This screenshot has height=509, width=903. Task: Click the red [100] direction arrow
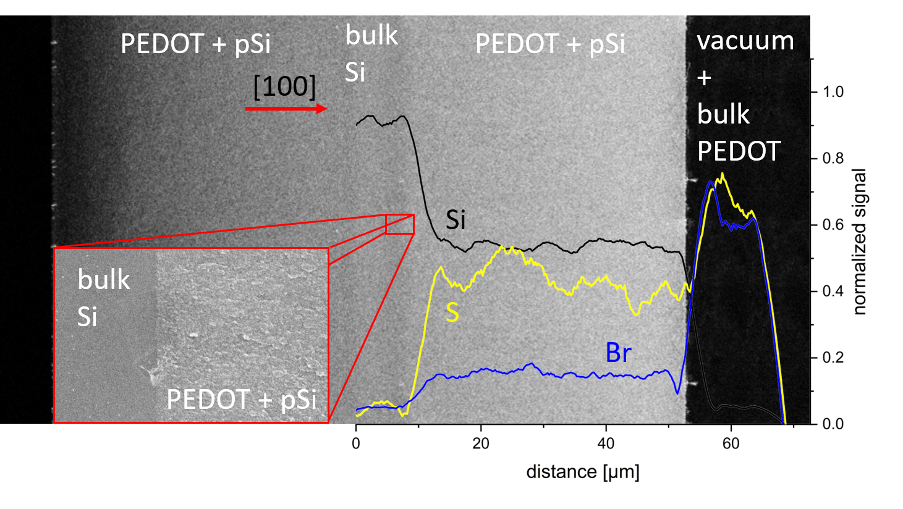pyautogui.click(x=286, y=109)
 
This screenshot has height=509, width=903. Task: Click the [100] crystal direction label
pyautogui.click(x=284, y=86)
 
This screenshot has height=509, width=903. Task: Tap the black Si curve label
pyautogui.click(x=456, y=220)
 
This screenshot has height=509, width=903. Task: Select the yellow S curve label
pyautogui.click(x=452, y=313)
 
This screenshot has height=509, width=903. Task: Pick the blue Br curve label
pyautogui.click(x=618, y=353)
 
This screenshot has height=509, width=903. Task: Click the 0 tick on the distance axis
pyautogui.click(x=356, y=443)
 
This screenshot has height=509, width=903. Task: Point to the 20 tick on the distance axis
pyautogui.click(x=481, y=443)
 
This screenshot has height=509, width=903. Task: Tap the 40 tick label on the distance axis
pyautogui.click(x=606, y=443)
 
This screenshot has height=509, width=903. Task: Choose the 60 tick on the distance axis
pyautogui.click(x=731, y=443)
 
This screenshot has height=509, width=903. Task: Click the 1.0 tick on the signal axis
pyautogui.click(x=833, y=92)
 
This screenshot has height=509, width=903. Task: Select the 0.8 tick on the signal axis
pyautogui.click(x=833, y=159)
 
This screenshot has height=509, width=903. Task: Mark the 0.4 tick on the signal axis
pyautogui.click(x=833, y=291)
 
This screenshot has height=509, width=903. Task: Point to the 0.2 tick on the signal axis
pyautogui.click(x=833, y=358)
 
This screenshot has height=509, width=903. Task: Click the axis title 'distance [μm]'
pyautogui.click(x=583, y=472)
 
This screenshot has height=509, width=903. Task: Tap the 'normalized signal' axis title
pyautogui.click(x=860, y=242)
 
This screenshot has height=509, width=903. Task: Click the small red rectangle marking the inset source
pyautogui.click(x=399, y=224)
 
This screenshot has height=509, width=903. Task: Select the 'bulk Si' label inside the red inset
pyautogui.click(x=103, y=298)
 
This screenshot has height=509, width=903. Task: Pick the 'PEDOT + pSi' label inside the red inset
pyautogui.click(x=242, y=400)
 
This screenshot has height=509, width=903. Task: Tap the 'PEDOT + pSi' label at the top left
pyautogui.click(x=195, y=44)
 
